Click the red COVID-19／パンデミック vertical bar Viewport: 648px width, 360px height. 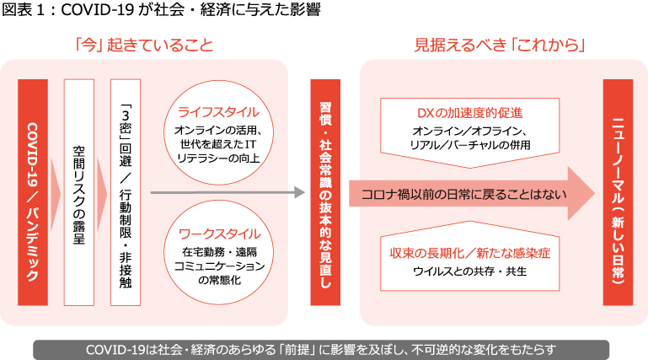pos(32,193)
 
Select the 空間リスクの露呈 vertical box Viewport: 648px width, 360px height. pos(78,193)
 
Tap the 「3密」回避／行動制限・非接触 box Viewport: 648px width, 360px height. pos(124,193)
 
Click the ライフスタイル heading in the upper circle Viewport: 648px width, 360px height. pos(218,112)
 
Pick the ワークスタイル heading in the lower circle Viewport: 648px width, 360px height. pos(218,232)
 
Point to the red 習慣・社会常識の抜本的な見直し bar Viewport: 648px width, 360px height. pos(325,193)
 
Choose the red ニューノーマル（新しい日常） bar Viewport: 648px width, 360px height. pos(618,193)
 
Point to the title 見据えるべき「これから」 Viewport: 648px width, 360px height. pos(500,46)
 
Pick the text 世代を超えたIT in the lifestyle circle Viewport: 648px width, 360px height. pos(218,144)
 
